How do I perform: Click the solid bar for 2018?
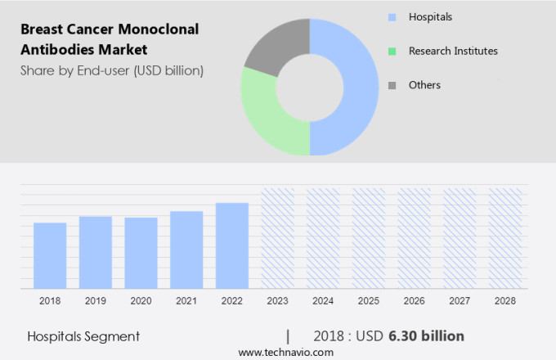coord(50,255)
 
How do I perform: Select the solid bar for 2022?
coord(232,245)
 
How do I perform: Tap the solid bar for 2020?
coord(141,253)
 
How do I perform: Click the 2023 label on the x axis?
coord(277,301)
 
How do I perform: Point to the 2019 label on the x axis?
coord(95,301)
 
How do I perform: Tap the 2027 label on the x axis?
coord(460,301)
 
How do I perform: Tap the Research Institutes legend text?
coord(453,51)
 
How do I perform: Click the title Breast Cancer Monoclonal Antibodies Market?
coord(110,38)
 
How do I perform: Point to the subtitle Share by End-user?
coord(111,70)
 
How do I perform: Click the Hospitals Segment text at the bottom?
coord(83,336)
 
